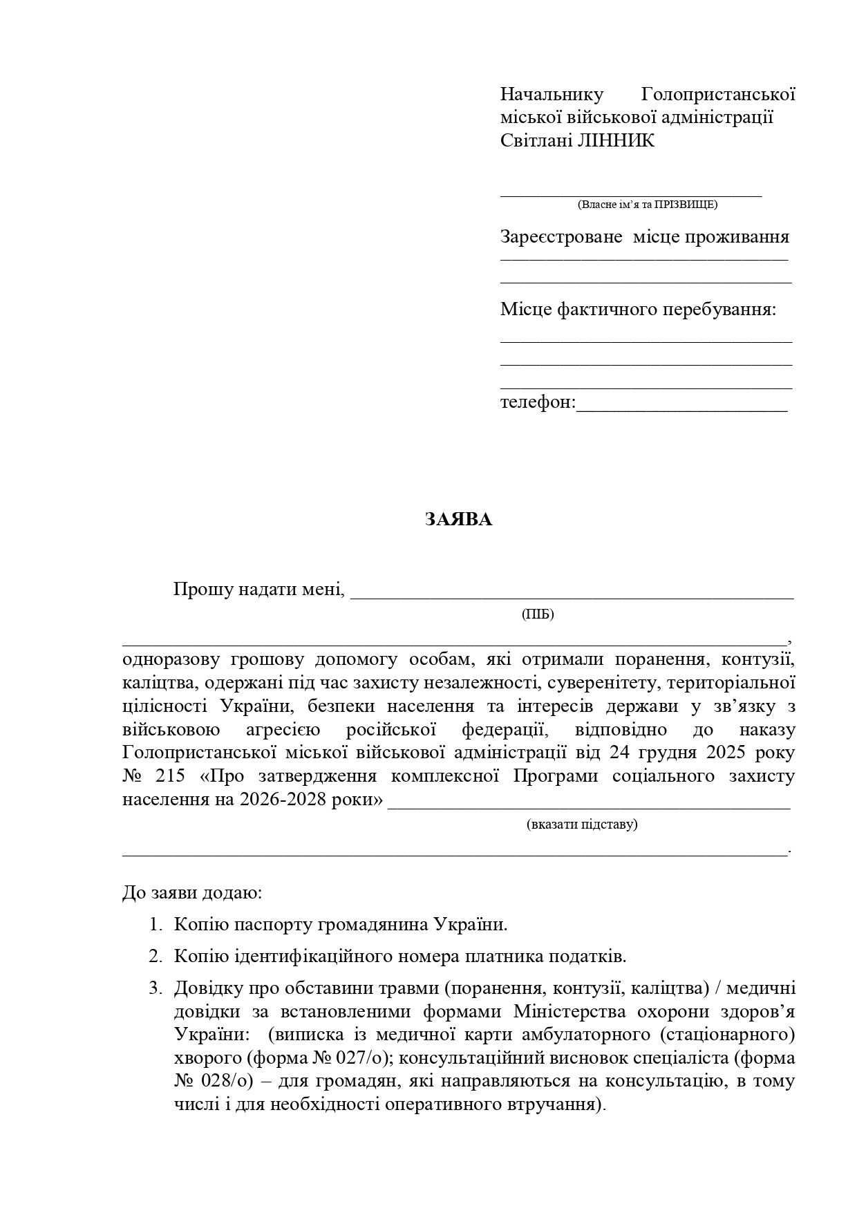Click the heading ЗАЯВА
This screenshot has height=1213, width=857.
pos(458,520)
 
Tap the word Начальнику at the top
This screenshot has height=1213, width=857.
pos(552,94)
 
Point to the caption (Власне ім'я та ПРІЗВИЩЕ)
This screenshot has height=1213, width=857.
pos(647,205)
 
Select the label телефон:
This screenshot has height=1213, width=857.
pos(538,402)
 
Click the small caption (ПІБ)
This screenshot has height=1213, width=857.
pos(538,614)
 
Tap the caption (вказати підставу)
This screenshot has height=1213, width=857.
pos(581,824)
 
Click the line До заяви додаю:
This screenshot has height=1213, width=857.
pos(192,892)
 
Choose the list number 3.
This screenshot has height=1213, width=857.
pos(155,988)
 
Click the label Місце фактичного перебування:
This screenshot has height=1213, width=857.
pos(638,310)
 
